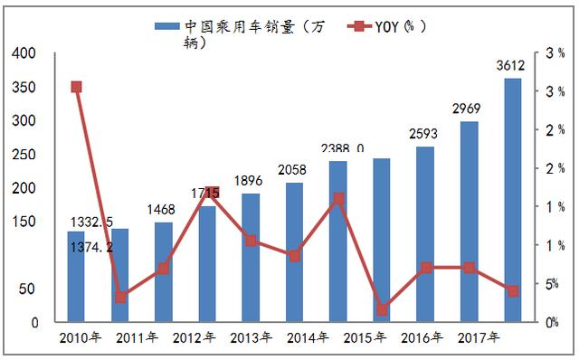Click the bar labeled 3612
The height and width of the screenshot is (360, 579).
[x=512, y=200]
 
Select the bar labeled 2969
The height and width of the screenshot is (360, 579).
[x=469, y=222]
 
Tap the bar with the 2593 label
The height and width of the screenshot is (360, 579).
[x=425, y=234]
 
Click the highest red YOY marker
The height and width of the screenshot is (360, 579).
[x=76, y=87]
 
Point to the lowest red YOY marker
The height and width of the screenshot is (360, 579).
[x=382, y=309]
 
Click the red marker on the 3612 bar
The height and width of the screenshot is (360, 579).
[x=512, y=290]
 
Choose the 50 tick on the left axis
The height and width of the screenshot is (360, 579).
[x=27, y=289]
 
